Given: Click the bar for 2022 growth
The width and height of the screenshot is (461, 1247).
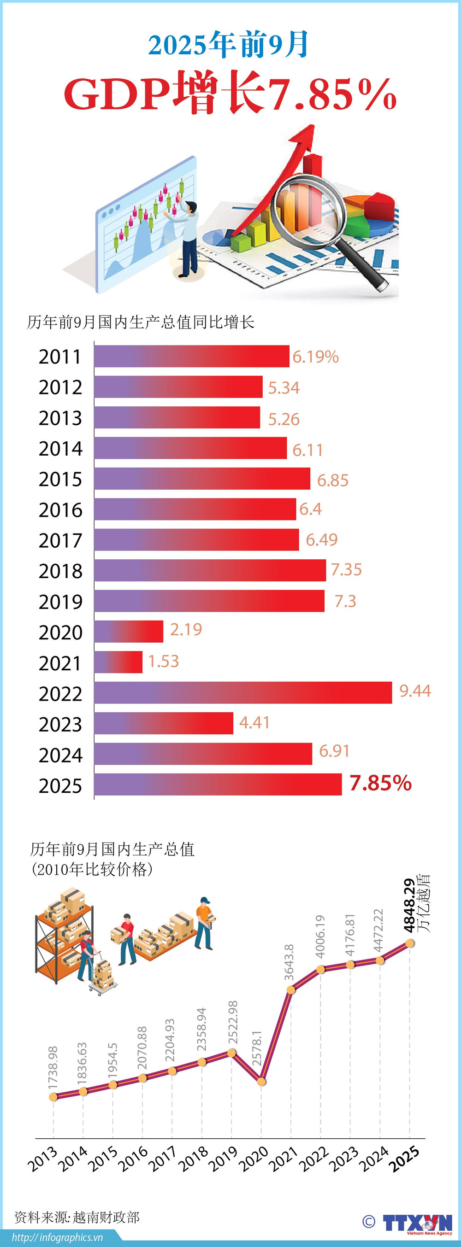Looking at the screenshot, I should pos(242,692).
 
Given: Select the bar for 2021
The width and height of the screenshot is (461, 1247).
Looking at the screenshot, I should pos(118,662).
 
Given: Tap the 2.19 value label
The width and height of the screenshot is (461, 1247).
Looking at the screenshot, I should pos(185,629).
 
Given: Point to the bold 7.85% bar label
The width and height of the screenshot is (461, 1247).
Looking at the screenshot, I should pos(380,783).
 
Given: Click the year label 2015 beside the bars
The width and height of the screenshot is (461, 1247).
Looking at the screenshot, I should pos(60,479).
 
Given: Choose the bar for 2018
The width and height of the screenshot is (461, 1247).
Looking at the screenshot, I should pos(210,570).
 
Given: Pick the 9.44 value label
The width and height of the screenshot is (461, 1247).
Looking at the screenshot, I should pos(414,691).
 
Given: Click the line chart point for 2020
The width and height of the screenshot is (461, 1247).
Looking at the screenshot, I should pos(261,1082).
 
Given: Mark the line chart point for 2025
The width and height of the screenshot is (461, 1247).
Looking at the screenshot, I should pos(410,943).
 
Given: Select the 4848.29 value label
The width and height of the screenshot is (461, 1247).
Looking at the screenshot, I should pos(409,905).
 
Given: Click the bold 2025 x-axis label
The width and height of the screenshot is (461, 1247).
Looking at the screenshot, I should pos(405,1159).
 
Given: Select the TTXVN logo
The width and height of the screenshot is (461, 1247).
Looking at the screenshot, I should pos(417,1223).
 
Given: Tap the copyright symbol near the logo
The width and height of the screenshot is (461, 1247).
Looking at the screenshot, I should pos(368,1222).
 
